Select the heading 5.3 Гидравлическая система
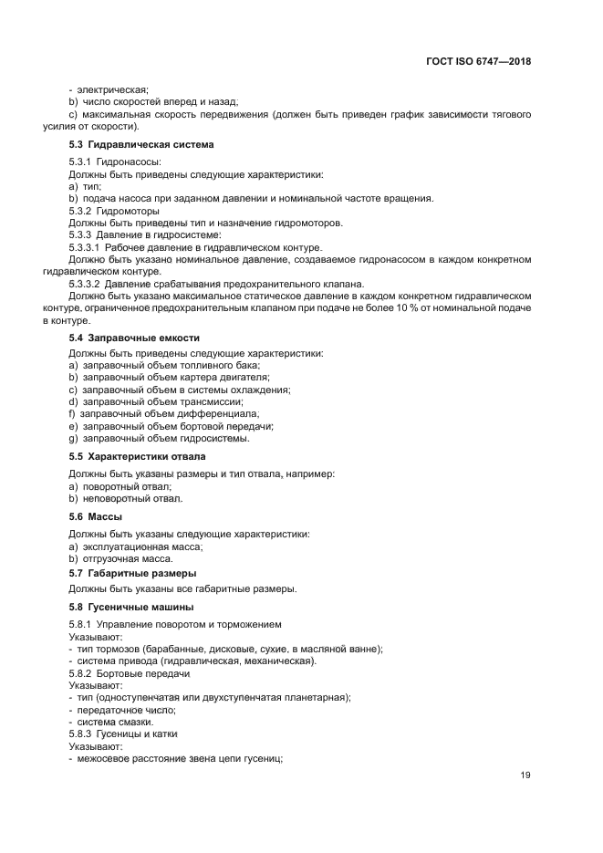[x=141, y=144]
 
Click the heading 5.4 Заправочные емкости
[x=134, y=338]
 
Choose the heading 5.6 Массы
[x=96, y=516]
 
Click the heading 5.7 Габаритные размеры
[x=133, y=574]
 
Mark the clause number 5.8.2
[x=86, y=673]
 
